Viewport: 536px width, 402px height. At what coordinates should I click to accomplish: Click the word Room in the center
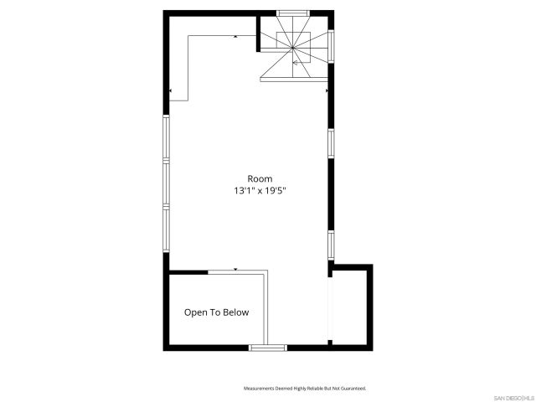coord(260,178)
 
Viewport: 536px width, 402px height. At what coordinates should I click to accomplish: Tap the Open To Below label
coord(217,312)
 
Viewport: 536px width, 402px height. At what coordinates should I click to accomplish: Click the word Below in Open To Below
coord(234,312)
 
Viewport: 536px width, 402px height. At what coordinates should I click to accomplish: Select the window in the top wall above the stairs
coord(292,13)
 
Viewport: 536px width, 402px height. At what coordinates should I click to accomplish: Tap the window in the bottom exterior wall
coord(268,347)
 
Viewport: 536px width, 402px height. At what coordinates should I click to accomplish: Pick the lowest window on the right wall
coord(332,245)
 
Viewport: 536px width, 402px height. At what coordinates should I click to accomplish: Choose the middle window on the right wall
coord(332,143)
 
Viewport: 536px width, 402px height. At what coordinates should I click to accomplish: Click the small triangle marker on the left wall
coord(171,90)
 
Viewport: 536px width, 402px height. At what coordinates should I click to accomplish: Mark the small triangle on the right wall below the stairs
coord(327,90)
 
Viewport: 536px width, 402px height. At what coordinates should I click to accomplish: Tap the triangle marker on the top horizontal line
coord(235,37)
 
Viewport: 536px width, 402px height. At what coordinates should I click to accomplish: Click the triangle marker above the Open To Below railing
coord(235,270)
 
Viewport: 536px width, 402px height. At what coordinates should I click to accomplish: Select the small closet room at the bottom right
coord(352,307)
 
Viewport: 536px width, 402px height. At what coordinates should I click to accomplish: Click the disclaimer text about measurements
coord(305,389)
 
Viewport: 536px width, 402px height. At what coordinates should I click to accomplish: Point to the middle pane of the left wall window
coord(166,183)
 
